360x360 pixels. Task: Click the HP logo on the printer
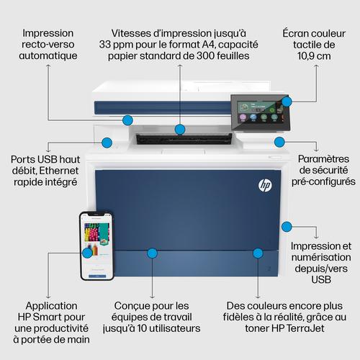[x=265, y=185]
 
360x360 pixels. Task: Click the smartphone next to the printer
[x=96, y=246]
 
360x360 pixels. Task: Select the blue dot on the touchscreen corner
[x=287, y=102]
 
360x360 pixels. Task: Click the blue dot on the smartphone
[x=87, y=253]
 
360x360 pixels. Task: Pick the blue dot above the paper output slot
[x=180, y=130]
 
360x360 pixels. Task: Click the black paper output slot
[x=184, y=139]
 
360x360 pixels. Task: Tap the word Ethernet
[x=59, y=171]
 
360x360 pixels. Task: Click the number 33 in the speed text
[x=106, y=45]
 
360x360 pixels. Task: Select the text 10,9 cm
[x=314, y=55]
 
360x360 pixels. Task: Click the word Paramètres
[x=323, y=159]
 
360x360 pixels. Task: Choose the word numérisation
[x=321, y=257]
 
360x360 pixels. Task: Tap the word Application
[x=51, y=306]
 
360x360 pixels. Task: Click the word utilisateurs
[x=174, y=328]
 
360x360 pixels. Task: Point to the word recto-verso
[x=48, y=45]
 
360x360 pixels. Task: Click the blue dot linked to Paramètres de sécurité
[x=279, y=142]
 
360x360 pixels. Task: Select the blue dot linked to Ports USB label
[x=107, y=143]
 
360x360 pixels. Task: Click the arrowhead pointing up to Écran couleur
[x=317, y=66]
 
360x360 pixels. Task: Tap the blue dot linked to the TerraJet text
[x=258, y=253]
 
